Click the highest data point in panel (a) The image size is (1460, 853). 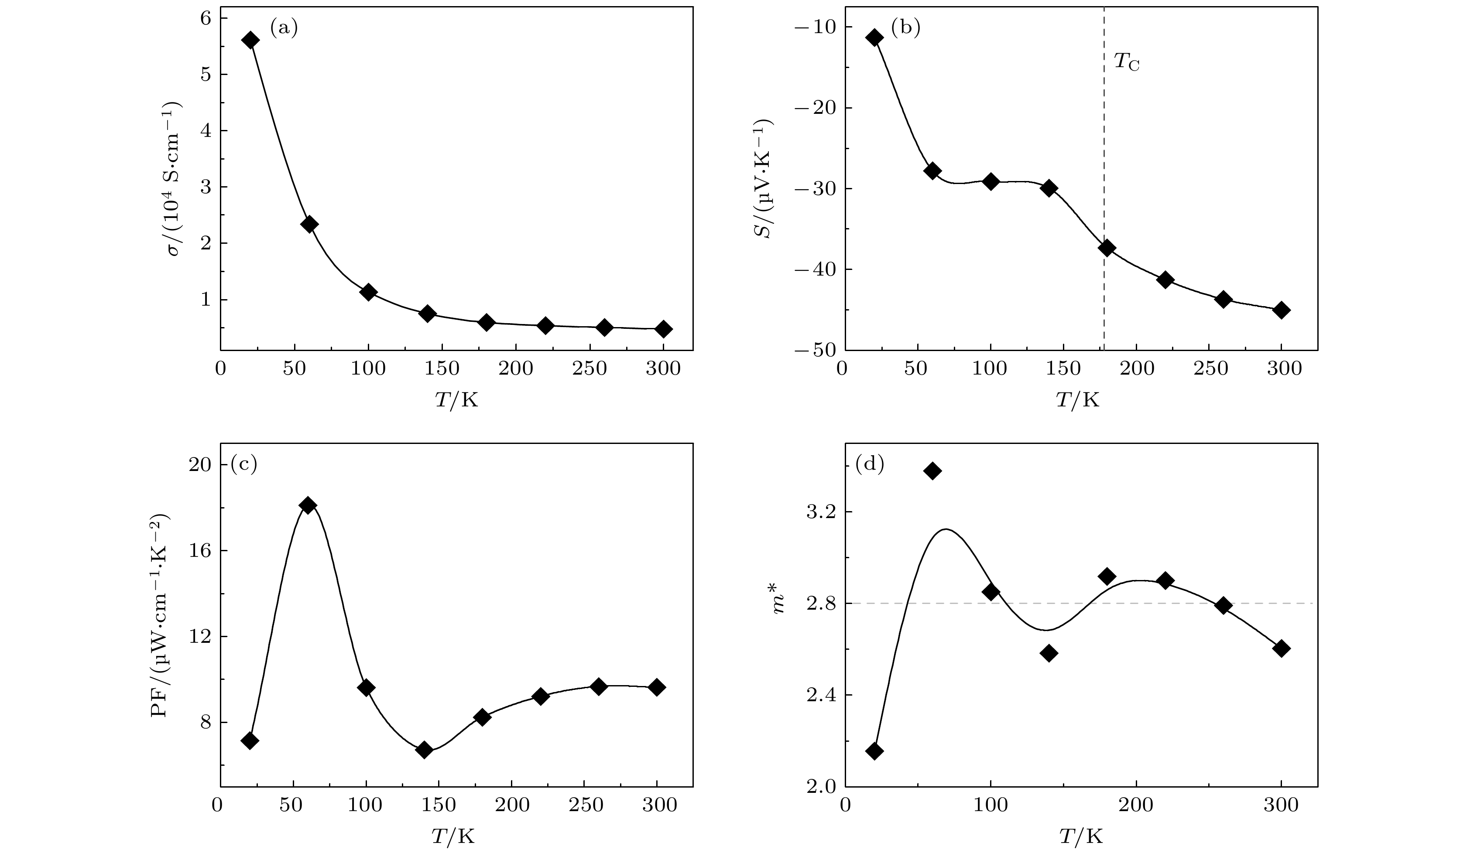pos(250,40)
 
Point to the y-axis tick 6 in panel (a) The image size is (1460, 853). pos(206,18)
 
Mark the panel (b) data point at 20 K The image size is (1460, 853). pos(874,38)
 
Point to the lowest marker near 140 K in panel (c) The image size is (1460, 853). pos(424,750)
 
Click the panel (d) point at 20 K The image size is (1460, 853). pos(874,751)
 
